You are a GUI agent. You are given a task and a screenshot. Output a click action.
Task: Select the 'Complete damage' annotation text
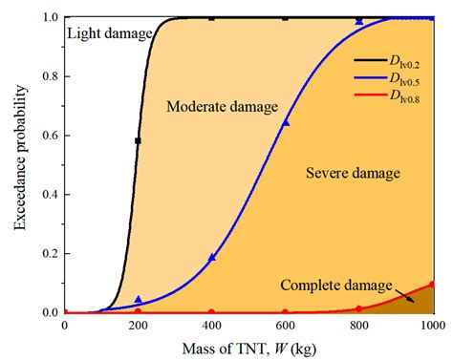335,285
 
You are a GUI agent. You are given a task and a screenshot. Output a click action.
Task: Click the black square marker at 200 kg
138,140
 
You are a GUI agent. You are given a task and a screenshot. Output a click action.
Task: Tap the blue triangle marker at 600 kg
286,123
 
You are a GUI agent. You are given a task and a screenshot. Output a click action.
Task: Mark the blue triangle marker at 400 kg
212,257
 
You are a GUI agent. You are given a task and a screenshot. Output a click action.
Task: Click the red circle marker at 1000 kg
433,284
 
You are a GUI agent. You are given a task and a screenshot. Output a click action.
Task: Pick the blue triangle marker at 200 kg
138,300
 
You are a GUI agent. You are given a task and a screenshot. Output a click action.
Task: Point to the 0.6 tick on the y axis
48,136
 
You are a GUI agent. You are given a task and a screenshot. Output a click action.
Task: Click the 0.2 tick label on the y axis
48,253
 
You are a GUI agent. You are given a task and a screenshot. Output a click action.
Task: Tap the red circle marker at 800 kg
359,308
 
